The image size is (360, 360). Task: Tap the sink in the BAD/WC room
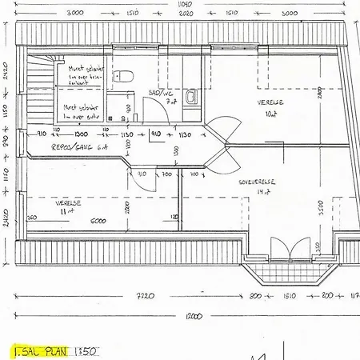click(x=192, y=98)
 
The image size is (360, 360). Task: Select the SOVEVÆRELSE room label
click(x=257, y=183)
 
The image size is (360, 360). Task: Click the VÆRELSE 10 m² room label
click(x=270, y=107)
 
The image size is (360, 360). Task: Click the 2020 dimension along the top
click(x=186, y=14)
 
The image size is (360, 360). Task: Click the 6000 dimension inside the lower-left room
click(x=98, y=220)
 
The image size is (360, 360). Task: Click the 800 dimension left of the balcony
click(x=255, y=296)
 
